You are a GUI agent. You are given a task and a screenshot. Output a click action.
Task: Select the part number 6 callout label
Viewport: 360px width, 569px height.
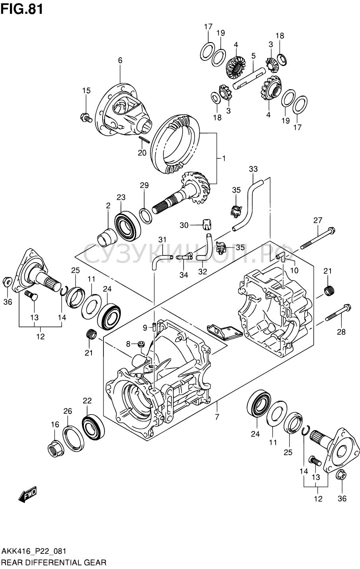click(120, 60)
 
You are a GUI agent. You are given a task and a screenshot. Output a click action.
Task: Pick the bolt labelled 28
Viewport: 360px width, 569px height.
click(338, 312)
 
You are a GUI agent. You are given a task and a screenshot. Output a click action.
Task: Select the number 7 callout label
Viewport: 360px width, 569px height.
click(218, 417)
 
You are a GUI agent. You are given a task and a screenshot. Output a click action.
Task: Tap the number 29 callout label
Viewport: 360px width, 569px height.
click(144, 185)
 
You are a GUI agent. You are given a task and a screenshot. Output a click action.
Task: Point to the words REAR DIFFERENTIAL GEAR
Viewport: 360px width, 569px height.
click(54, 563)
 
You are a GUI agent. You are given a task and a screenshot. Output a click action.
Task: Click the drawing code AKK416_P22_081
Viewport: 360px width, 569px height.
click(34, 551)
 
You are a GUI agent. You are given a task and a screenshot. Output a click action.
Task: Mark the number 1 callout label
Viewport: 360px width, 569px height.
click(224, 158)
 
